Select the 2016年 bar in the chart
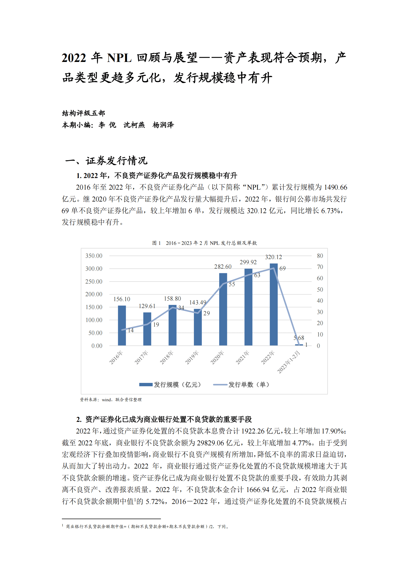tap(122, 325)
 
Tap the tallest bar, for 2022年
tap(274, 304)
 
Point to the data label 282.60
tap(223, 267)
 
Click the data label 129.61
tap(147, 306)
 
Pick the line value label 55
tap(232, 284)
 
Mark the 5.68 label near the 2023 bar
tap(299, 338)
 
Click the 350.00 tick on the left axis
tap(94, 256)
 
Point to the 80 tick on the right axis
tap(320, 256)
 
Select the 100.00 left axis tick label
tap(94, 320)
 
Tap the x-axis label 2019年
tap(192, 357)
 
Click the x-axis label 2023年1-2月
tap(289, 362)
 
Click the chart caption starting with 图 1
tap(204, 243)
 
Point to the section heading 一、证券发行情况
tap(106, 160)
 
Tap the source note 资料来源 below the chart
tap(111, 400)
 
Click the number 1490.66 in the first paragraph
tap(336, 187)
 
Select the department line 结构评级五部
tap(84, 113)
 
